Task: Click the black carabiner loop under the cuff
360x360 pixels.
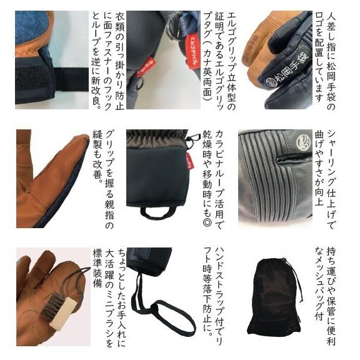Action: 155,213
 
